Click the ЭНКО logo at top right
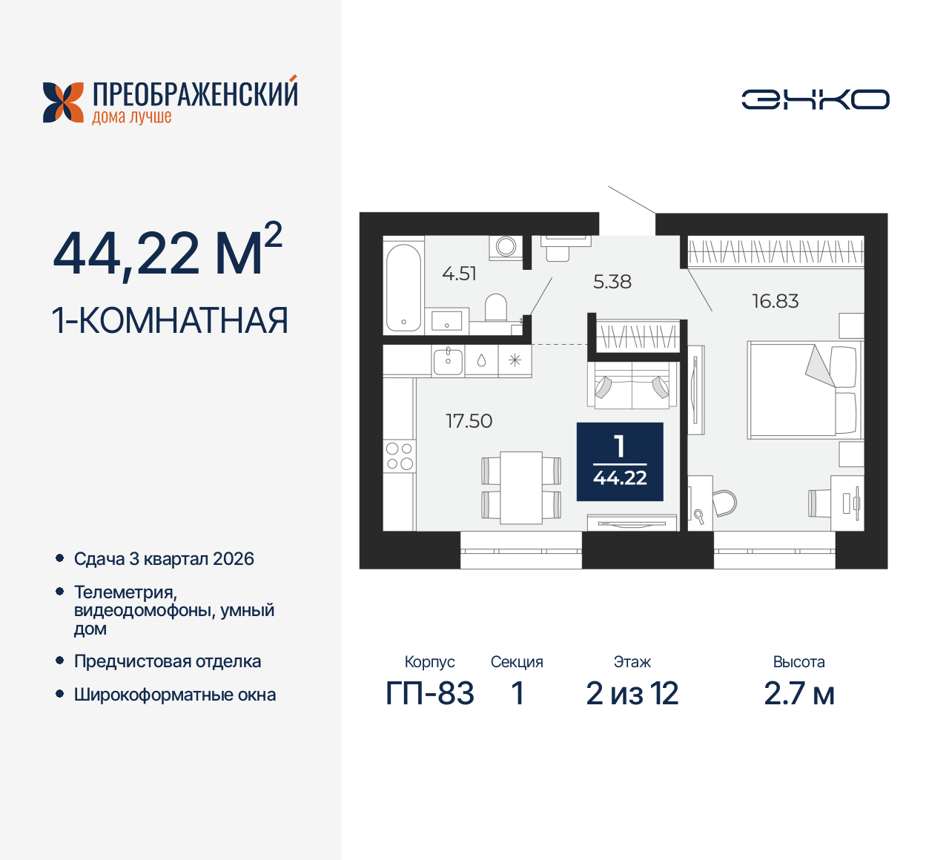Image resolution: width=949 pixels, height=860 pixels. pyautogui.click(x=815, y=99)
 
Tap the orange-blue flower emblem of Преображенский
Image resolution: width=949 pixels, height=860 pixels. pyautogui.click(x=63, y=102)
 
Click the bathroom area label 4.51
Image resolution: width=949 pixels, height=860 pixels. pyautogui.click(x=459, y=274)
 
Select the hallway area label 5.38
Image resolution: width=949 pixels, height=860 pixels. pyautogui.click(x=612, y=282)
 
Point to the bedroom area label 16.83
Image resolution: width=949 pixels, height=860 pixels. pyautogui.click(x=775, y=301)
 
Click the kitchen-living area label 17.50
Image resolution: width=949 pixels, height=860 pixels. pyautogui.click(x=469, y=421)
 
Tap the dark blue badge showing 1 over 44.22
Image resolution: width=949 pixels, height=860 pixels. pyautogui.click(x=620, y=462)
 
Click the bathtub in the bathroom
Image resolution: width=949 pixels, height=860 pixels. pyautogui.click(x=403, y=286)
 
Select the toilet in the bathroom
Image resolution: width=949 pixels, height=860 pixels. pyautogui.click(x=495, y=308)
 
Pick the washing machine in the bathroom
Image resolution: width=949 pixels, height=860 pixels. pyautogui.click(x=506, y=246)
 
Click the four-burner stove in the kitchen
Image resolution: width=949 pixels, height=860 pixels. pyautogui.click(x=399, y=456)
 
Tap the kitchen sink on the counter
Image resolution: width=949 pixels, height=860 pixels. pyautogui.click(x=448, y=361)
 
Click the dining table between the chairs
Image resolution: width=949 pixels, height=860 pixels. pyautogui.click(x=520, y=487)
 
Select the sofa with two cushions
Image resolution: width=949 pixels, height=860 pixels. pyautogui.click(x=632, y=385)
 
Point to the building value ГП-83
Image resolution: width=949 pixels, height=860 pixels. pyautogui.click(x=429, y=694)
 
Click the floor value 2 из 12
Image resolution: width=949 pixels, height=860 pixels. pyautogui.click(x=632, y=694)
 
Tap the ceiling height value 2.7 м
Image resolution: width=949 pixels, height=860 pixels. pyautogui.click(x=798, y=694)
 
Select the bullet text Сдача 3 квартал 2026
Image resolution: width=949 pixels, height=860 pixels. pyautogui.click(x=164, y=559)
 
